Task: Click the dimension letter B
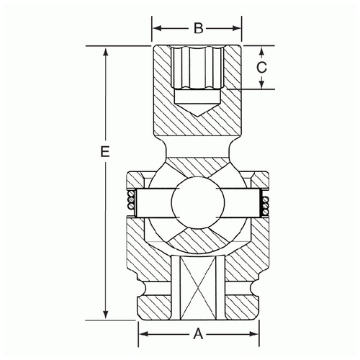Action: pyautogui.click(x=199, y=28)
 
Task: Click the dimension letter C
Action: pyautogui.click(x=261, y=67)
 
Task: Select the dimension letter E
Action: pyautogui.click(x=105, y=152)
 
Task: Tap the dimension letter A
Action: pyautogui.click(x=198, y=334)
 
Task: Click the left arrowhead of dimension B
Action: pyautogui.click(x=157, y=28)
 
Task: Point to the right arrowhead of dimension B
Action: pyautogui.click(x=236, y=28)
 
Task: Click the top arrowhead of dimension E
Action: pyautogui.click(x=106, y=51)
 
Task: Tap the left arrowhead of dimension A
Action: pyautogui.click(x=143, y=334)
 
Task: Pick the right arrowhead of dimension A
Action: pyautogui.click(x=254, y=334)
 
